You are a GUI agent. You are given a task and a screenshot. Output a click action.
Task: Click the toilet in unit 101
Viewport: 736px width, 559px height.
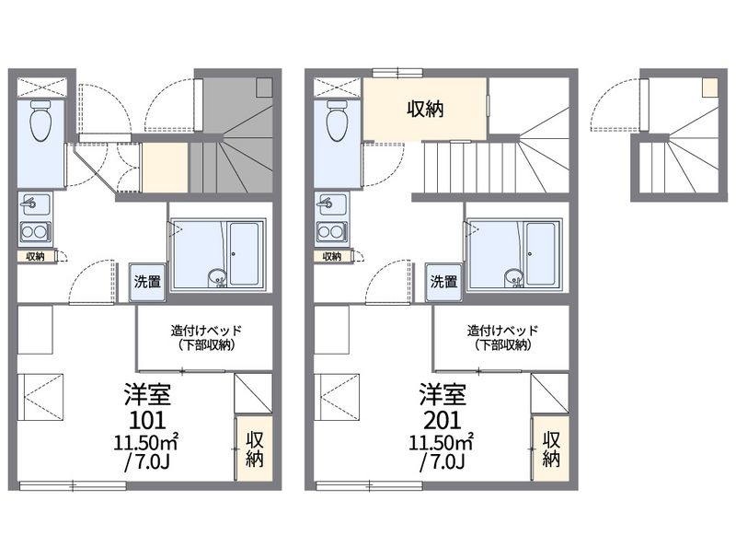tap(40, 122)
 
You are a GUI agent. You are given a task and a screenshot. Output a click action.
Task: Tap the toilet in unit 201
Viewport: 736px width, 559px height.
tap(338, 122)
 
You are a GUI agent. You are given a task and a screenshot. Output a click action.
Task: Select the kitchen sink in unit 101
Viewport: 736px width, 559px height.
tap(35, 204)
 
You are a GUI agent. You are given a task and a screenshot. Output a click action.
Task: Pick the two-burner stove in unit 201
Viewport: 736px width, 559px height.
tap(332, 232)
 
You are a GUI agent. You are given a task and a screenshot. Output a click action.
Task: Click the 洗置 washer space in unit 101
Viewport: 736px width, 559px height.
tap(147, 282)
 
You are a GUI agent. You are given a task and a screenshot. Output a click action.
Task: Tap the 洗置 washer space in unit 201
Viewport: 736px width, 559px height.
tap(444, 282)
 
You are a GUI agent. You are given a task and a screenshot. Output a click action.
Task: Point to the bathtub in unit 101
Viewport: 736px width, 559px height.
tap(244, 253)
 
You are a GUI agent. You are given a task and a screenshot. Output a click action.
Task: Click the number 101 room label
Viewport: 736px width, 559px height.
tap(147, 421)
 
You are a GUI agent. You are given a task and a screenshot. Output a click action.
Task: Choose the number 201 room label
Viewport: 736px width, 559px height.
tap(443, 421)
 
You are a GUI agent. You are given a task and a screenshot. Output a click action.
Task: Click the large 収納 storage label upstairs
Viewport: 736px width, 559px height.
tap(425, 110)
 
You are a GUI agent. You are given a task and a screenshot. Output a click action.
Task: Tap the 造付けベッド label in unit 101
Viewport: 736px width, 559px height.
tap(205, 331)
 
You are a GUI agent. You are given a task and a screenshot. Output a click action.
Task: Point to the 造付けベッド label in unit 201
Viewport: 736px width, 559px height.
tap(502, 331)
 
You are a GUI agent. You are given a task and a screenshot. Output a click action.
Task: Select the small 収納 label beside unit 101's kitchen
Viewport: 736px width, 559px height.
tap(35, 257)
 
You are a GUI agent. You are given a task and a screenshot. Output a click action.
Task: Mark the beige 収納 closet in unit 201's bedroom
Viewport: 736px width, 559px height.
tap(551, 448)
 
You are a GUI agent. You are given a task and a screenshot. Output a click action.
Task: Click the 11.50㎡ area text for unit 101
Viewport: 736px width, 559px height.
tap(145, 442)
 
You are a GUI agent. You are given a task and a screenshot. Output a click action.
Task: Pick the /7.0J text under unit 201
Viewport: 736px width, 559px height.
tap(443, 462)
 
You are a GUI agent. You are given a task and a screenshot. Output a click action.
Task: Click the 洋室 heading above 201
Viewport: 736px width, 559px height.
tap(443, 394)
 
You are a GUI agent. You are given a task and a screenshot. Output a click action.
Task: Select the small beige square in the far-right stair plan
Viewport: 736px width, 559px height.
tap(709, 87)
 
